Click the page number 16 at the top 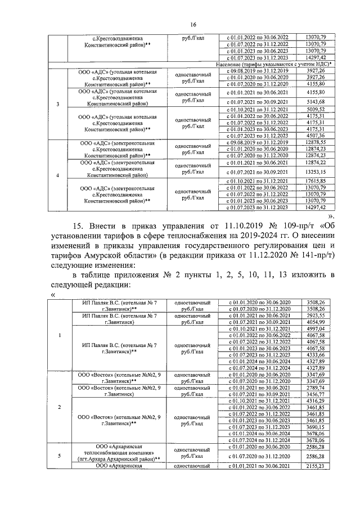(193, 24)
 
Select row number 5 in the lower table (60, 455)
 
